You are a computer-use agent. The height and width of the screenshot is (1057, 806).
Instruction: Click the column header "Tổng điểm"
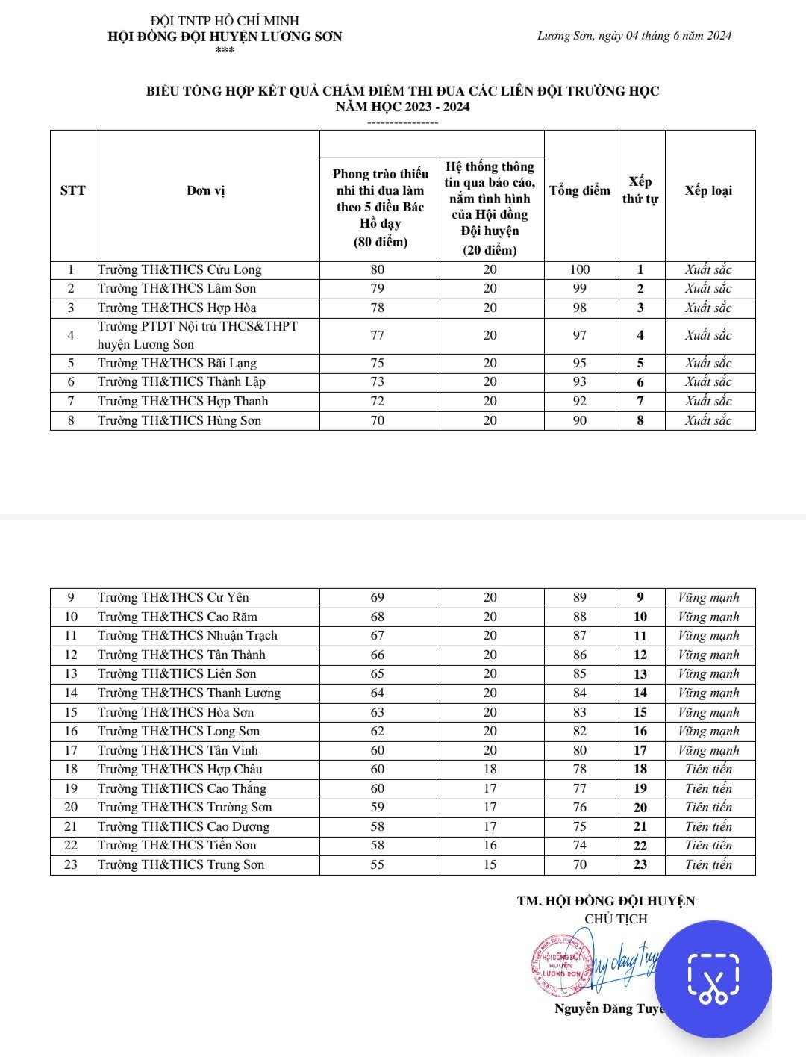point(580,191)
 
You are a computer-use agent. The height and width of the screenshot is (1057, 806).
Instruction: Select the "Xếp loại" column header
point(708,190)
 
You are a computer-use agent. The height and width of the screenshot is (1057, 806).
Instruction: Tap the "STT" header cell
point(72,190)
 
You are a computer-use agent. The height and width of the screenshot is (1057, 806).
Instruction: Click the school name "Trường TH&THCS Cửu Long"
point(180,270)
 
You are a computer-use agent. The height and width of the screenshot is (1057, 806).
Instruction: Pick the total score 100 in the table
point(580,270)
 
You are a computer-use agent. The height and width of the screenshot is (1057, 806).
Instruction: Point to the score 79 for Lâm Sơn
point(378,289)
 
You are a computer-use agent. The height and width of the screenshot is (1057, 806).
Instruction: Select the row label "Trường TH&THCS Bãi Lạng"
point(177,364)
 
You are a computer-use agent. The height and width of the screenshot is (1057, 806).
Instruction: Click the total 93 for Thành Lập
point(580,382)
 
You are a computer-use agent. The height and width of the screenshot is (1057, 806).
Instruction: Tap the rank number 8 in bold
point(640,421)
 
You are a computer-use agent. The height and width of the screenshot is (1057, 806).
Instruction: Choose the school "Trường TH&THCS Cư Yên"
point(173,598)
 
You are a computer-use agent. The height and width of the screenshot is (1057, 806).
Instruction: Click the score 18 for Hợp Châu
point(490,770)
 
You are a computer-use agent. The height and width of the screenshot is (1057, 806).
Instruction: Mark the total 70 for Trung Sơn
point(580,865)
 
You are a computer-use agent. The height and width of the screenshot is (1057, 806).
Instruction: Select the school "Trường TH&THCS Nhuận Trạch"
point(187,636)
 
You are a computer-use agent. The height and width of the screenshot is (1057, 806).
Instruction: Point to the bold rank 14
point(640,693)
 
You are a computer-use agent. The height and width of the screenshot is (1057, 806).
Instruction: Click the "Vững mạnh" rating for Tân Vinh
point(708,751)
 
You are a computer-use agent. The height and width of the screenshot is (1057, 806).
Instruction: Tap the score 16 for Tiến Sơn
point(490,846)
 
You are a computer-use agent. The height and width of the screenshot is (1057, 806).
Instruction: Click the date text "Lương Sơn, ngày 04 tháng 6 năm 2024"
point(634,36)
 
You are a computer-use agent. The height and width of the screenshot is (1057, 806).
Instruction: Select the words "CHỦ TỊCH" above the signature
point(616,920)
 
